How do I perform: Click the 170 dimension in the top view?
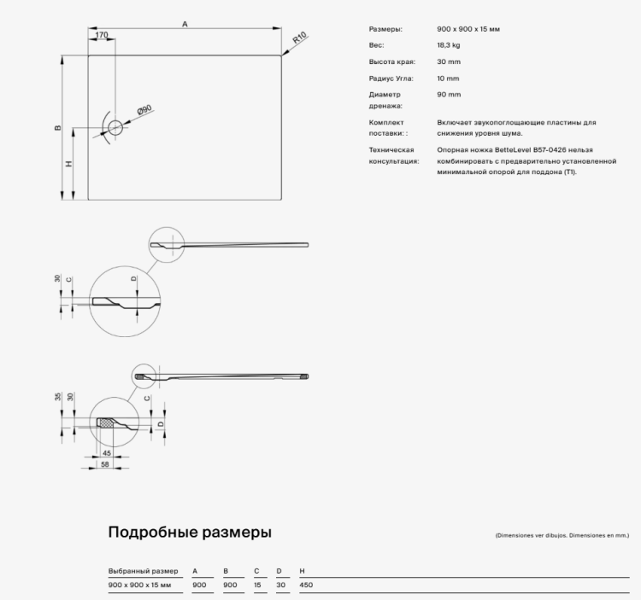click(x=102, y=35)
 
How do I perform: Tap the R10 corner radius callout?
click(x=300, y=39)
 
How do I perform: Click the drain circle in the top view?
click(x=115, y=128)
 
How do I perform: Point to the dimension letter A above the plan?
click(x=185, y=25)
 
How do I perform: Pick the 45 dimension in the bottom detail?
click(x=107, y=452)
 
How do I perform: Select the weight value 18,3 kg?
click(x=448, y=45)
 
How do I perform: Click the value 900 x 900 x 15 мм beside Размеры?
click(x=468, y=29)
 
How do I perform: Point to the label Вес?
click(x=376, y=45)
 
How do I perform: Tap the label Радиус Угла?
click(x=391, y=78)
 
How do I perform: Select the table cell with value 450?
click(x=307, y=585)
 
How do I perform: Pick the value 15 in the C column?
click(x=256, y=585)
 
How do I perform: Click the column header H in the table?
click(x=302, y=570)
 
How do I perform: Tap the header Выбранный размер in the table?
click(x=144, y=570)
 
